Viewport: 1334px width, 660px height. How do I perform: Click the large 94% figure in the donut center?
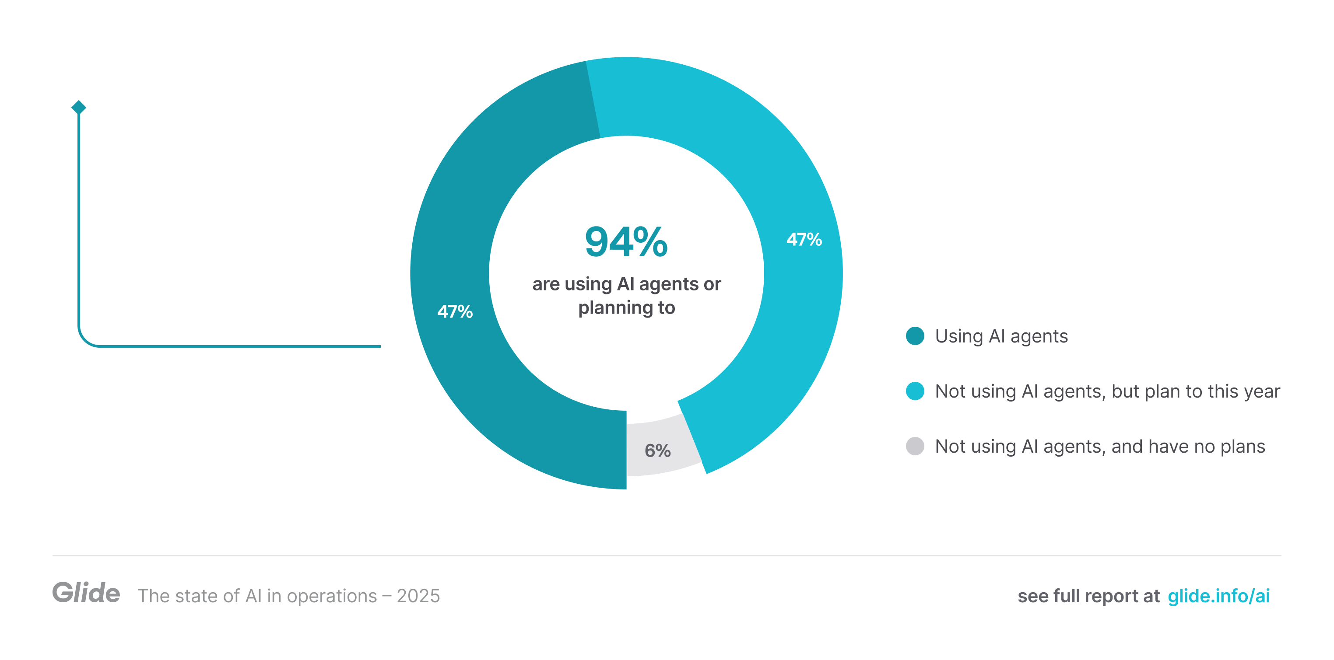(626, 242)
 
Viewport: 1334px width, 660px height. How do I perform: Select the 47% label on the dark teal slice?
(455, 311)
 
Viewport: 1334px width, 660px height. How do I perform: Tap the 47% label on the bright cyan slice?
(804, 240)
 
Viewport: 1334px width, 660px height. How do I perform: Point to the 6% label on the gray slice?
(657, 451)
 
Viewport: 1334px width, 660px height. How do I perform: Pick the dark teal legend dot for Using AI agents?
(915, 336)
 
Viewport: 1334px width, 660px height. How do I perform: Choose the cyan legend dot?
(915, 391)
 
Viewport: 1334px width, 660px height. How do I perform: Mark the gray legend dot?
(915, 446)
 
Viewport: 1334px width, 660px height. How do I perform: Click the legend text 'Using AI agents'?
(1001, 336)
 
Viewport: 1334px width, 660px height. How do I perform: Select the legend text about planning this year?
(1107, 391)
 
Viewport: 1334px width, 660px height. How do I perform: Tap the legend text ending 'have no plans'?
(1099, 446)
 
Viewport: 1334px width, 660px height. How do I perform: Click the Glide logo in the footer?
(86, 593)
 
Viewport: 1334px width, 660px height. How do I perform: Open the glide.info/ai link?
(1218, 596)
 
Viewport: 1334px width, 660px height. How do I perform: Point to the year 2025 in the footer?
(418, 596)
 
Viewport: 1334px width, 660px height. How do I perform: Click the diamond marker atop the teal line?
(79, 107)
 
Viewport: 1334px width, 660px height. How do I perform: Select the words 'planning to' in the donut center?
(626, 308)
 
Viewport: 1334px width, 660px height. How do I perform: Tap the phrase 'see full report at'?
(1088, 596)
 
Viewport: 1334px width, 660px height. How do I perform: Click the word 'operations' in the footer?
(331, 596)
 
